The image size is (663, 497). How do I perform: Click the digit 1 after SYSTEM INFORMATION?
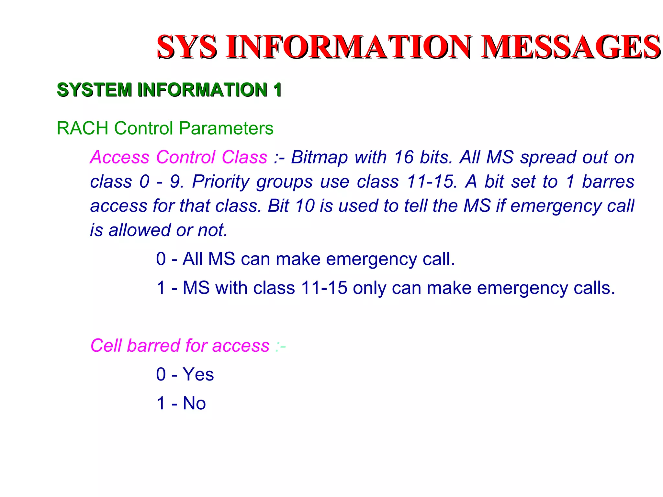click(277, 90)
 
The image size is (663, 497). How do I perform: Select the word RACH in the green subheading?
click(82, 128)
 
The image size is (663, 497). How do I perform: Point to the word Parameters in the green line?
click(226, 128)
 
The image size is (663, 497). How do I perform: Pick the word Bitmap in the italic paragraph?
click(319, 157)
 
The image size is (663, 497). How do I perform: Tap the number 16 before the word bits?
click(403, 157)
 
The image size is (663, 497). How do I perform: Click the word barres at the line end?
click(608, 182)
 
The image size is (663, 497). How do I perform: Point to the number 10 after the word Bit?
click(305, 206)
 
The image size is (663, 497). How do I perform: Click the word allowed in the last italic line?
click(140, 230)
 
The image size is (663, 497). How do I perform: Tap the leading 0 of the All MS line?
click(161, 259)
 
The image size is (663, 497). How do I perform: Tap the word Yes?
click(198, 375)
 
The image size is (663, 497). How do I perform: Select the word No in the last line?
click(194, 403)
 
